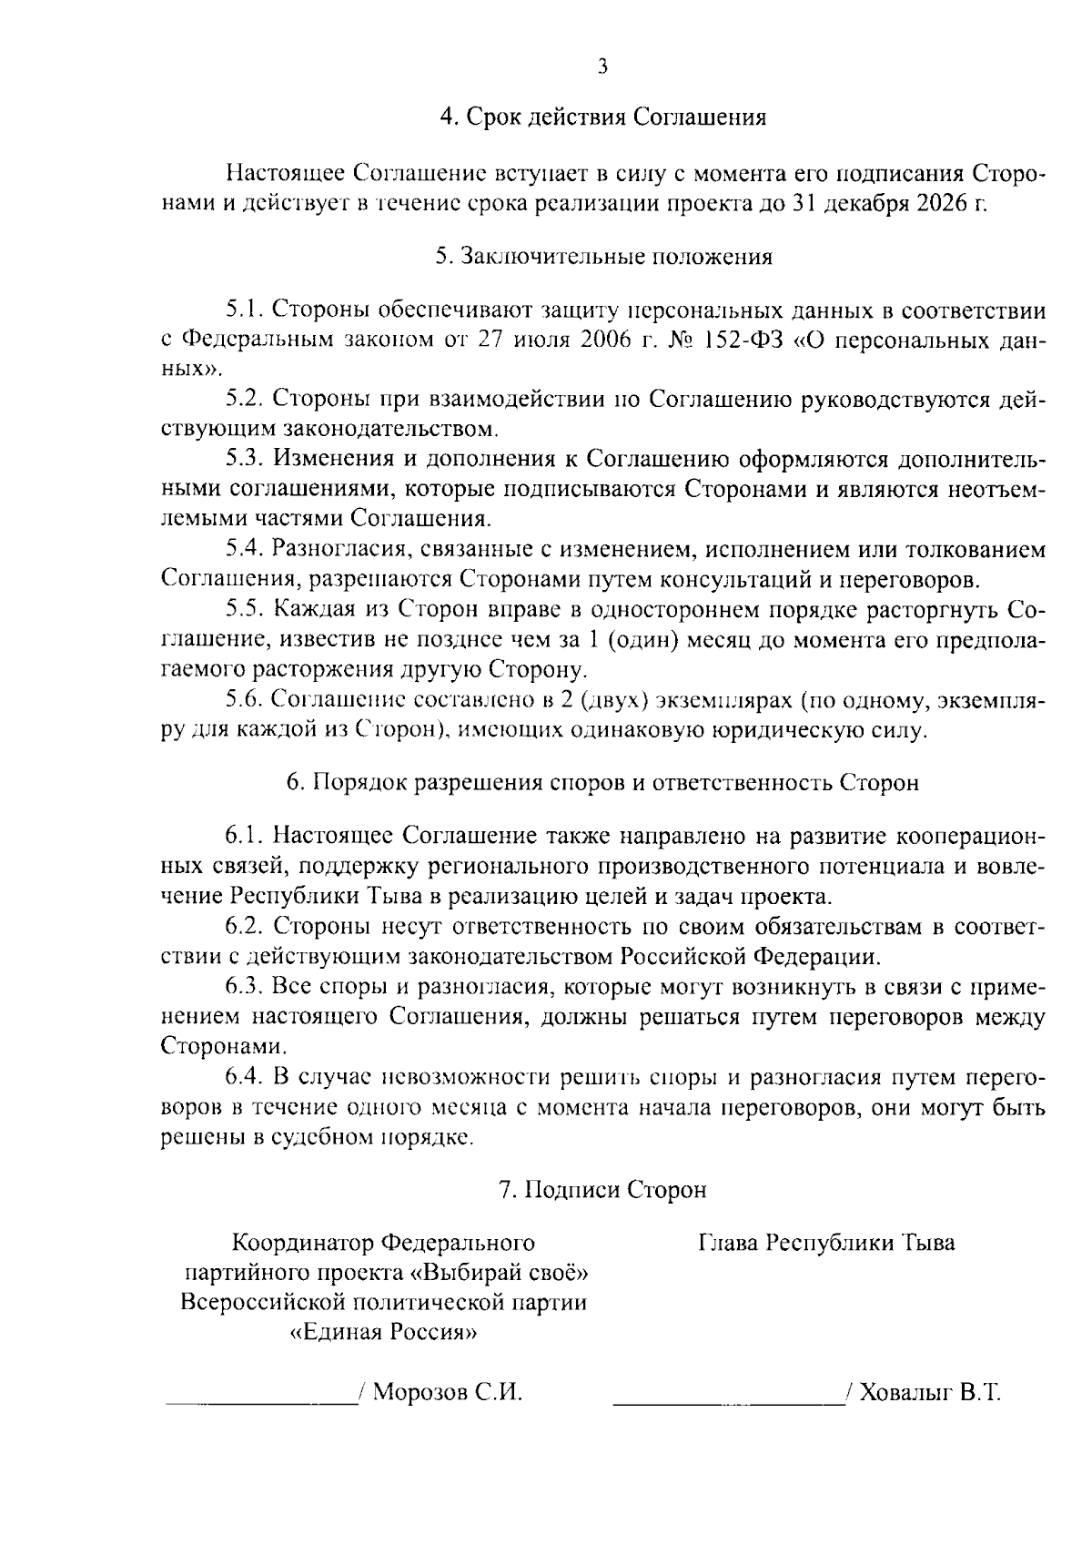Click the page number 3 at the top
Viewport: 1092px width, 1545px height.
602,66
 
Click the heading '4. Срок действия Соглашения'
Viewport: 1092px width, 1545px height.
602,117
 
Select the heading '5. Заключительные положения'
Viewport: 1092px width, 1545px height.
603,257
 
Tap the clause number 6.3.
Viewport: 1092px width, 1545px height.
245,986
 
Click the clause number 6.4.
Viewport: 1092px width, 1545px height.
245,1077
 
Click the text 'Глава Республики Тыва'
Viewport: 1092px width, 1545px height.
826,1243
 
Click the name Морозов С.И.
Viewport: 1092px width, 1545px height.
448,1393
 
